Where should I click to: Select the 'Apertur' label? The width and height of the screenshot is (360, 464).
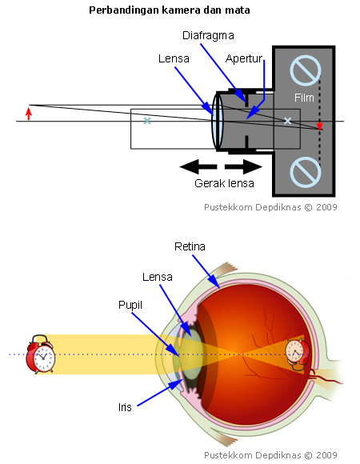(244, 59)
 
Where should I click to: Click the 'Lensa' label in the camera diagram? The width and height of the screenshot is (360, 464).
(174, 59)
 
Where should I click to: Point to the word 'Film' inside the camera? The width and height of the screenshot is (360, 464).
(304, 98)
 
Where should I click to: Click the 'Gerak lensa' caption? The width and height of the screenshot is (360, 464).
(225, 183)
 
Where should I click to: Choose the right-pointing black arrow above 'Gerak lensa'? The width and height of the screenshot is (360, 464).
(243, 166)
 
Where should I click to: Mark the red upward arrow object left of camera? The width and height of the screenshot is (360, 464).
(29, 113)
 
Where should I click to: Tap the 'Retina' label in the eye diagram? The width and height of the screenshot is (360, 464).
(190, 247)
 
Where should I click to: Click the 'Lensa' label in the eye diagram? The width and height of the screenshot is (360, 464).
(158, 277)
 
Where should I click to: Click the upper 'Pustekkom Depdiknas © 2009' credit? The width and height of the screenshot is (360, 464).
(271, 206)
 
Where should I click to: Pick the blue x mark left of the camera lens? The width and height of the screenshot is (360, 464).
(146, 121)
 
